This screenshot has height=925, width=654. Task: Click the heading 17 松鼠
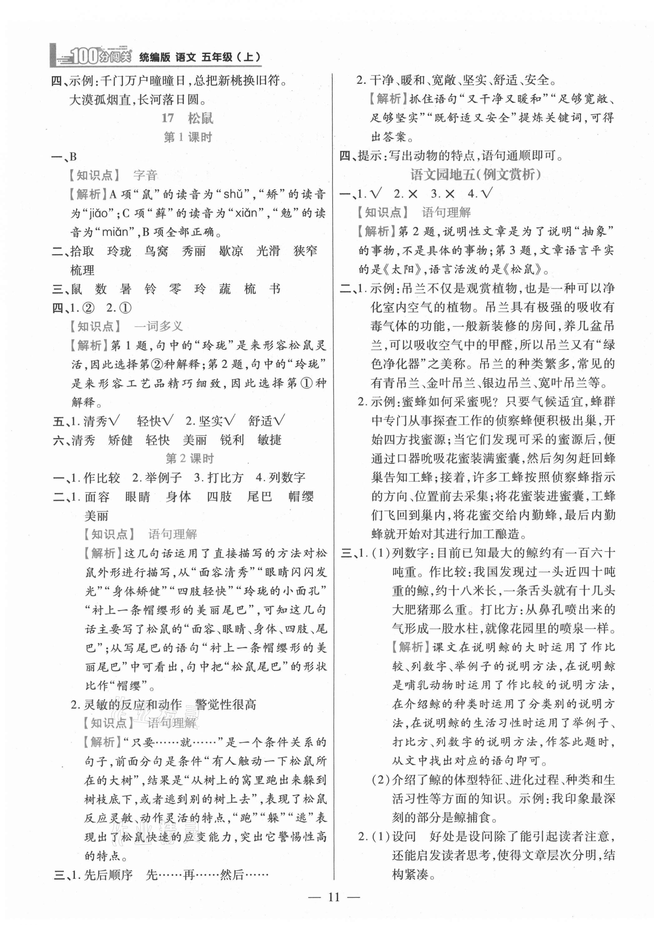(187, 118)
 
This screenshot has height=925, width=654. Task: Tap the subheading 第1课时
(187, 137)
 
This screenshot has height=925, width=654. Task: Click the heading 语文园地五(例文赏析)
(475, 175)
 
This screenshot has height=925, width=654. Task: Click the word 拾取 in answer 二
(82, 251)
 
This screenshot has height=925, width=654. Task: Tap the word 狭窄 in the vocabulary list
(305, 251)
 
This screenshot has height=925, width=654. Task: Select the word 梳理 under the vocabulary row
(82, 270)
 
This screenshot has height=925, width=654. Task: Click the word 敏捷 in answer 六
(269, 440)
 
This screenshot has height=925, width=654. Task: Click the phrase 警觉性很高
(226, 705)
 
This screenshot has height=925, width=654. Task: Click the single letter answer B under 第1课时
(73, 157)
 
